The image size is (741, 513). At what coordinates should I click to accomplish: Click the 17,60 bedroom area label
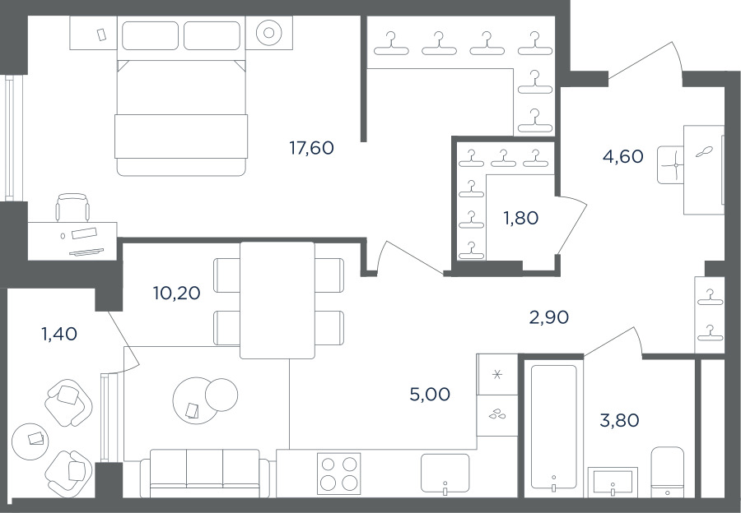click(311, 148)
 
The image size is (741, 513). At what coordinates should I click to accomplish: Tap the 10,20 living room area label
click(177, 293)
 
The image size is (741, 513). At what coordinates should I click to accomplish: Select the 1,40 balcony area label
click(59, 334)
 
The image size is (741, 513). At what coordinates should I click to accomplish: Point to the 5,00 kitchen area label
click(430, 394)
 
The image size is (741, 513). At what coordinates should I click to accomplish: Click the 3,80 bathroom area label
click(619, 419)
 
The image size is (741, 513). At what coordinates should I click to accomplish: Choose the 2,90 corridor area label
click(548, 317)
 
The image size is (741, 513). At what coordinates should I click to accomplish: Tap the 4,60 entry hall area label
click(623, 155)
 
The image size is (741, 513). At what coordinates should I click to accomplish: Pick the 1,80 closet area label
click(520, 218)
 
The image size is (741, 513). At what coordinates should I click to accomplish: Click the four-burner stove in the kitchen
click(339, 474)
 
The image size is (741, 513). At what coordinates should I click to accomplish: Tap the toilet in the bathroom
click(667, 472)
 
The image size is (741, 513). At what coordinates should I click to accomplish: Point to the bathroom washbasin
click(613, 482)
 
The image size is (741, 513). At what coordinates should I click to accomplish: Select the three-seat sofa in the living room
click(205, 474)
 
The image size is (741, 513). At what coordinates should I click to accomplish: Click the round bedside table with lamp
click(269, 33)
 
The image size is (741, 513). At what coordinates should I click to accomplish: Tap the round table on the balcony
click(30, 441)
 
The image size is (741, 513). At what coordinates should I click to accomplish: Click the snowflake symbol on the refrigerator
click(496, 375)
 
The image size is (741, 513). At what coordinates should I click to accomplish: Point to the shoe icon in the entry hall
click(704, 151)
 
